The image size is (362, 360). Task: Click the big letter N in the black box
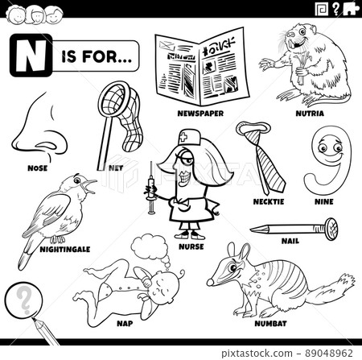tap(31, 56)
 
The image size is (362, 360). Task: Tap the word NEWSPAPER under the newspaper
tap(200, 114)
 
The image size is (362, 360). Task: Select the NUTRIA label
tap(310, 114)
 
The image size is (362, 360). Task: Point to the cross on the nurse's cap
tap(184, 138)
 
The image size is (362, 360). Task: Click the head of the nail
tap(331, 229)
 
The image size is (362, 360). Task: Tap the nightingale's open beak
tap(89, 187)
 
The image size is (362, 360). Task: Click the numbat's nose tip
tap(210, 282)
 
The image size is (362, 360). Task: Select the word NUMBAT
tap(270, 324)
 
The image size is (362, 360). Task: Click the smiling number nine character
tap(327, 159)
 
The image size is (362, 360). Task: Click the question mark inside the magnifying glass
tap(24, 300)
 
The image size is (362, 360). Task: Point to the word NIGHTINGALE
tap(65, 250)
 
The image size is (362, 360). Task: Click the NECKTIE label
tap(269, 201)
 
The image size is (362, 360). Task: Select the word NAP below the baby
tap(125, 324)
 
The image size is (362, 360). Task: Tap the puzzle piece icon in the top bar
tap(351, 9)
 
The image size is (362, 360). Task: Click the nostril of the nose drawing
tap(47, 146)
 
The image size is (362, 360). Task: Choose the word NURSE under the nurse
tap(191, 246)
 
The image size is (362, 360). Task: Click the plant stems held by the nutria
tap(302, 67)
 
